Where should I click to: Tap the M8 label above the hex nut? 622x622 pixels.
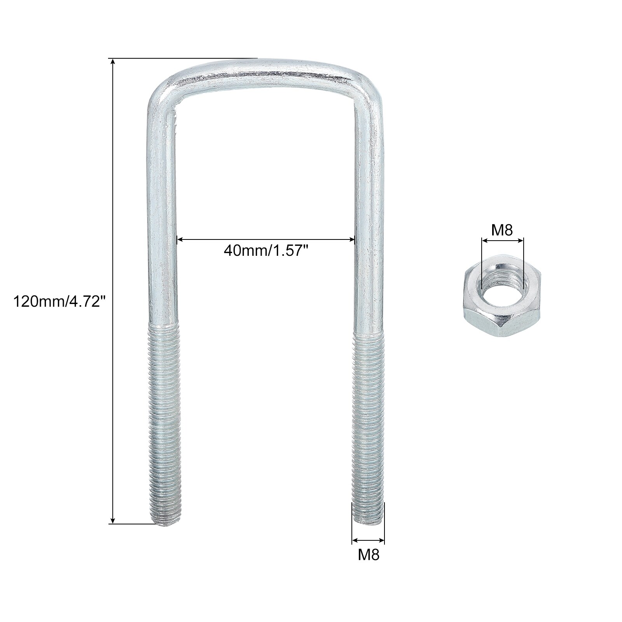[502, 231]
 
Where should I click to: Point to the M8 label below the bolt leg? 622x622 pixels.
[368, 555]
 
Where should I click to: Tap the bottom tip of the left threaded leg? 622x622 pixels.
[165, 523]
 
